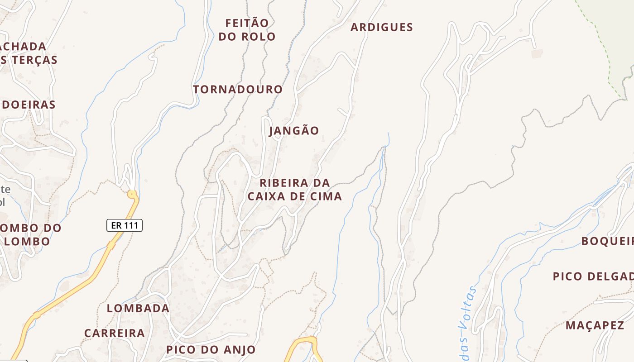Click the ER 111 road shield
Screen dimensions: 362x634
[x=125, y=225]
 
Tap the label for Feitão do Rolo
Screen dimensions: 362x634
[x=247, y=30]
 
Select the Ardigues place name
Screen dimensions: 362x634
[x=382, y=28]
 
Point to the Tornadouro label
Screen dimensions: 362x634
[x=238, y=90]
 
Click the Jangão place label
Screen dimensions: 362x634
[x=294, y=131]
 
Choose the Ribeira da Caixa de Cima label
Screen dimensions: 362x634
[x=294, y=190]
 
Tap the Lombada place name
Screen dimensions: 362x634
[x=138, y=309]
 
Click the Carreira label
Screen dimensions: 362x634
[x=115, y=333]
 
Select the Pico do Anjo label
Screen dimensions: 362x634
[x=211, y=350]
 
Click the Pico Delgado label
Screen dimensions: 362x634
[x=593, y=276]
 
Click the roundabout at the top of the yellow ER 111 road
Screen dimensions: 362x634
[x=132, y=195]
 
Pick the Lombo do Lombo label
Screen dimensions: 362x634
[x=29, y=234]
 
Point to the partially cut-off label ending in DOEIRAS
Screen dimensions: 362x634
[x=28, y=105]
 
